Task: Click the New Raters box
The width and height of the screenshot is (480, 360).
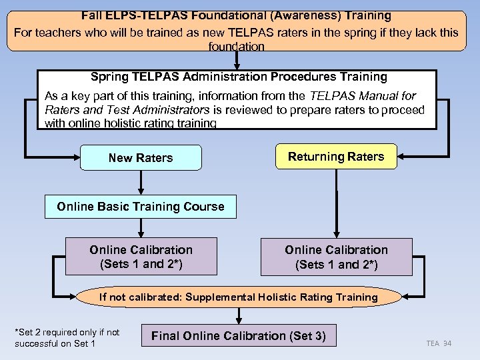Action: tap(141, 158)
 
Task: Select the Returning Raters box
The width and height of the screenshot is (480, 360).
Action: tap(336, 157)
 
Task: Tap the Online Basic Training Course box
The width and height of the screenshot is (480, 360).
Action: tap(141, 207)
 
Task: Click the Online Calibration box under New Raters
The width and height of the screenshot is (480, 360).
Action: tap(141, 257)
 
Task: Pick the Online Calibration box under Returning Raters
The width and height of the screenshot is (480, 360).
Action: tap(336, 257)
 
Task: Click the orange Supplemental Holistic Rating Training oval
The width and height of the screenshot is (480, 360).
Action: tap(239, 297)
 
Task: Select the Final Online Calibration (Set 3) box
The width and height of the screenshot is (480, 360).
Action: tap(239, 336)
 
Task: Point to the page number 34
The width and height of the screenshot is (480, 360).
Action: tap(447, 343)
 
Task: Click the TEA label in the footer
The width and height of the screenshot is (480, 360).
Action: tap(433, 343)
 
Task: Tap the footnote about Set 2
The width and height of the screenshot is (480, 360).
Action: tap(67, 337)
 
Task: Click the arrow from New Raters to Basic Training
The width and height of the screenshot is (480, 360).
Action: tap(141, 182)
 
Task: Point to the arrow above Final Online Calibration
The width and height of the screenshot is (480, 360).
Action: tap(239, 315)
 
